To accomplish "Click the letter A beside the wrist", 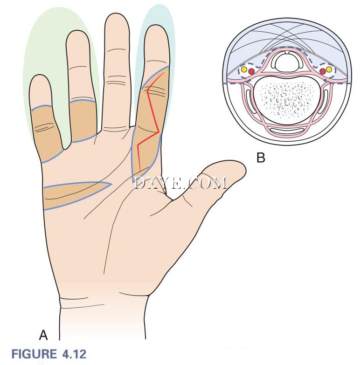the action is pos(43,336).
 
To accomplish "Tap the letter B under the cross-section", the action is pos(261,158).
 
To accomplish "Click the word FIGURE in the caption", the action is pos(34,354).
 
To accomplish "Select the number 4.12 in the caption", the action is pos(74,354).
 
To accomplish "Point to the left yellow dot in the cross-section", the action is pos(244,69).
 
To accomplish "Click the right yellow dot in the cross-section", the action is pos(329,69).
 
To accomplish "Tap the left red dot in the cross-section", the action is pos(251,71).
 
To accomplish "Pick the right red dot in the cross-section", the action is pos(323,71).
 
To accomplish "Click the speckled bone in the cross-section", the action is pos(287,100).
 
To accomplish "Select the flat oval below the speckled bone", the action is pos(287,131).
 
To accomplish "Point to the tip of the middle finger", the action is pos(117,14).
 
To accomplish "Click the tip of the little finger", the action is pos(40,76).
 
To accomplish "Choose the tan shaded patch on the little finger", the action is pos(47,133).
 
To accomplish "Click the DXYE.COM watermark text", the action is pos(180,183).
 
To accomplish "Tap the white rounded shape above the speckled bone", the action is pos(287,62).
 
